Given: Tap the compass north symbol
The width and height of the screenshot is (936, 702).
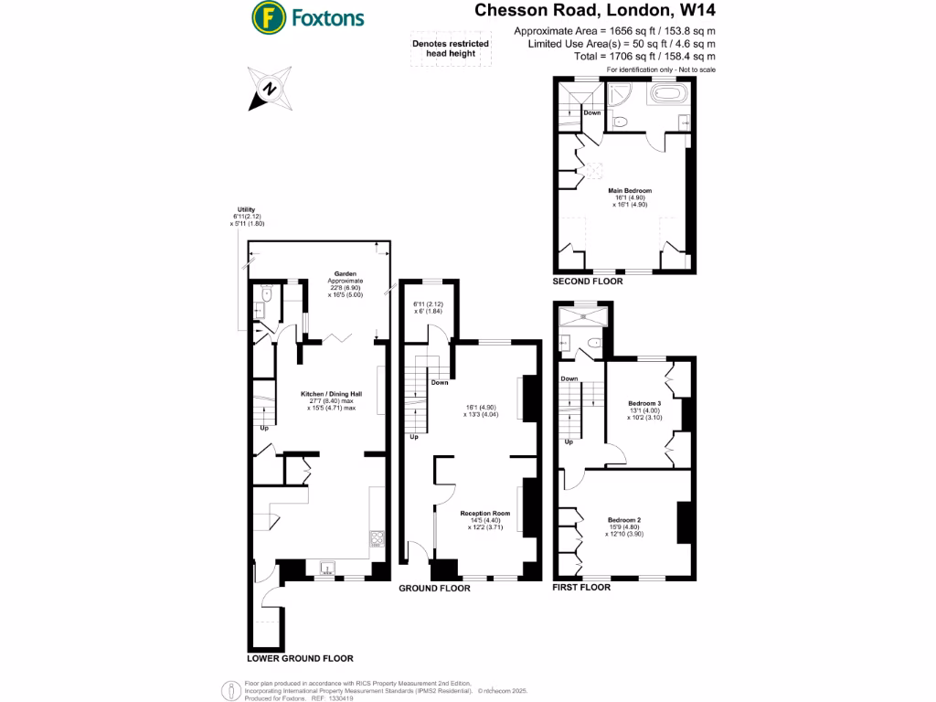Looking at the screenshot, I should click(x=270, y=89).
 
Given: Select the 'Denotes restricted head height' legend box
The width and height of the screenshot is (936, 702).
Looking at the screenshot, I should click(x=450, y=48).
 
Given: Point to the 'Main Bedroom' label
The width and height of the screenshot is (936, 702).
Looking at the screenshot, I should click(x=630, y=190).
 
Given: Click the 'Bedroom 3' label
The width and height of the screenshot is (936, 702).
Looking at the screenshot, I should click(x=644, y=403).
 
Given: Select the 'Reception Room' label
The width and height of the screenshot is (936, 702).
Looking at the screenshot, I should click(x=484, y=514).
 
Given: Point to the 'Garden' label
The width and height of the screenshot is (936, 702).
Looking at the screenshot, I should click(x=346, y=273).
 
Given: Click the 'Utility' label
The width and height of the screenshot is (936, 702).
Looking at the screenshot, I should click(x=246, y=209).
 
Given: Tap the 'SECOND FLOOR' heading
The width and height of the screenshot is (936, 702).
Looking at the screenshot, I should click(x=587, y=282).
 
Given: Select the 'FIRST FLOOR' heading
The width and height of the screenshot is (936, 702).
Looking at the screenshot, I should click(x=580, y=588).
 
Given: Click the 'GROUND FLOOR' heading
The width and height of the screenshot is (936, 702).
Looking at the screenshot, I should click(x=434, y=589).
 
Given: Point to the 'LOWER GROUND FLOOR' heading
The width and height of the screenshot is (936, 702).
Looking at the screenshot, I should click(x=300, y=658).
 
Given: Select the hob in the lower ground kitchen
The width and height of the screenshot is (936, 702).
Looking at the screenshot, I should click(x=377, y=538).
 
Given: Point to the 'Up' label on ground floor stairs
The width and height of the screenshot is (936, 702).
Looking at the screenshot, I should click(x=414, y=437).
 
